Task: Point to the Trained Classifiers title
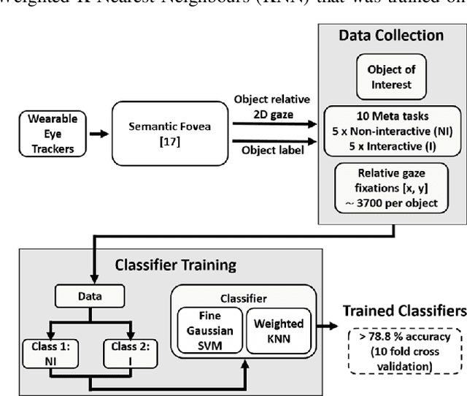pos(405,311)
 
